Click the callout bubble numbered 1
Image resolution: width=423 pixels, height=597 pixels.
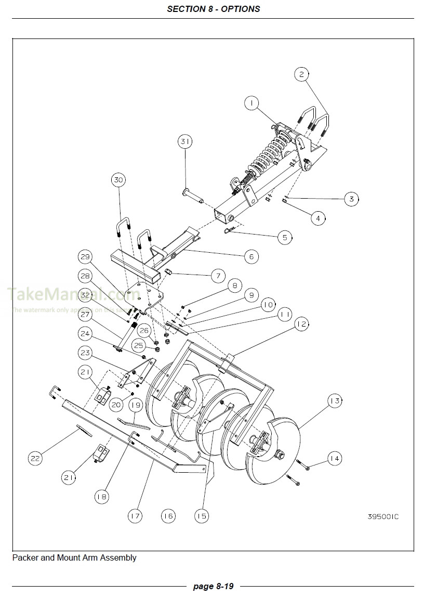pyautogui.click(x=252, y=104)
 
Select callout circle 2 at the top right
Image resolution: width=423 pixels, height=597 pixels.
pyautogui.click(x=301, y=74)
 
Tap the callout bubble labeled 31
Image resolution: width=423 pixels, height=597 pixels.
pyautogui.click(x=186, y=141)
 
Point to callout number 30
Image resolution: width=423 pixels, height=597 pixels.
pyautogui.click(x=118, y=180)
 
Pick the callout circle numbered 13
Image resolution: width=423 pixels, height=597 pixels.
pyautogui.click(x=335, y=400)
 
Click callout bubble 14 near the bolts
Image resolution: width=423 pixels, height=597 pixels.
pyautogui.click(x=335, y=458)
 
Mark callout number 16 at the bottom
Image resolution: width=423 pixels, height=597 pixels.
pyautogui.click(x=167, y=516)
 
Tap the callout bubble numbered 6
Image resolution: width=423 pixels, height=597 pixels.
pyautogui.click(x=251, y=256)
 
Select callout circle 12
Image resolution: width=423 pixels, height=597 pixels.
pyautogui.click(x=301, y=325)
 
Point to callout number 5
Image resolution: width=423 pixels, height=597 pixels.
pyautogui.click(x=285, y=238)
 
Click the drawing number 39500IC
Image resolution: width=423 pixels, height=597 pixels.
pyautogui.click(x=383, y=516)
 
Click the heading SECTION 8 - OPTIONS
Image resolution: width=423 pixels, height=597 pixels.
pyautogui.click(x=214, y=9)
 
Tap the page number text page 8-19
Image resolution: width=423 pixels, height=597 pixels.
pyautogui.click(x=213, y=586)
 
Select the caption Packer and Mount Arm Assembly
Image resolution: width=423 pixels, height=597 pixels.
pyautogui.click(x=74, y=558)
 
